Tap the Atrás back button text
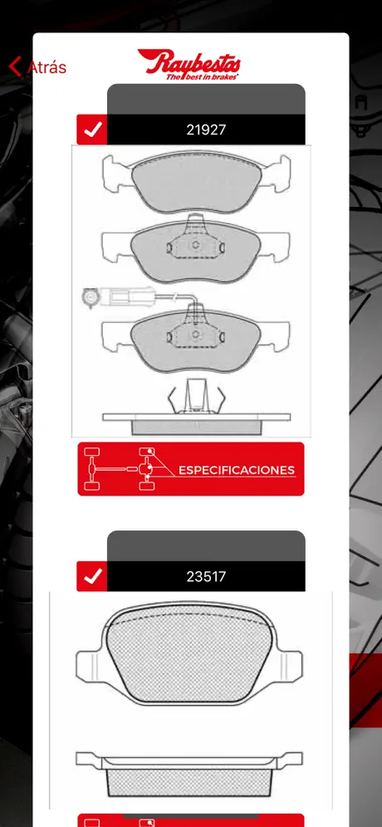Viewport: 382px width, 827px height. tap(47, 67)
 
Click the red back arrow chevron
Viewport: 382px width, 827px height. tap(15, 66)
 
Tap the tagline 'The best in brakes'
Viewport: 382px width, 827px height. tap(202, 77)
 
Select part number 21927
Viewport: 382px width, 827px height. tap(206, 130)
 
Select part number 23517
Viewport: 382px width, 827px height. tap(206, 576)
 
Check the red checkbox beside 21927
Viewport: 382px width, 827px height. tap(92, 130)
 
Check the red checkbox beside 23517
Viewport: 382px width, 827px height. tap(92, 576)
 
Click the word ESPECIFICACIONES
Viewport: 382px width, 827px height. tap(237, 470)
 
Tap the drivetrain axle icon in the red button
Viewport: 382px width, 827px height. tap(120, 468)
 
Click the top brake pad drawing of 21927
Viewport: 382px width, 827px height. tap(196, 182)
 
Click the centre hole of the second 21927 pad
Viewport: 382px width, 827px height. tap(195, 245)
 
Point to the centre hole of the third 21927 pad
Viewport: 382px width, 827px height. tap(195, 334)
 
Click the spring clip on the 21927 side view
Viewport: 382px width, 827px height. tap(196, 396)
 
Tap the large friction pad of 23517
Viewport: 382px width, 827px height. tap(189, 653)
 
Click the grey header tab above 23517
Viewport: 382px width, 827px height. tap(206, 546)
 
